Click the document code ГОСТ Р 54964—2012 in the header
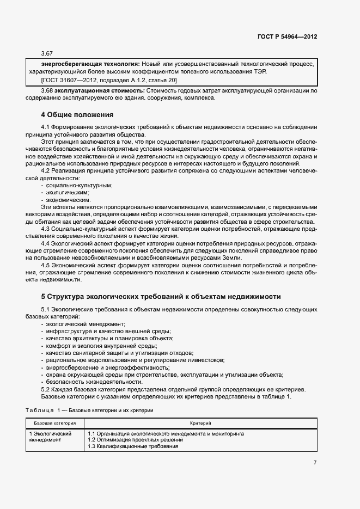[287, 36]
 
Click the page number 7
[315, 463]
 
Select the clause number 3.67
[47, 53]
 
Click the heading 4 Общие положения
[77, 115]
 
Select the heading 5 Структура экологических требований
[161, 297]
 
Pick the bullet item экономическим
[68, 200]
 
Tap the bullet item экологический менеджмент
[86, 324]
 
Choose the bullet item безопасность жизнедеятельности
[86, 382]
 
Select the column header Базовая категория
[54, 423]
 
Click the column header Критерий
[200, 423]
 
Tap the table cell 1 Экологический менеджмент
[51, 437]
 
